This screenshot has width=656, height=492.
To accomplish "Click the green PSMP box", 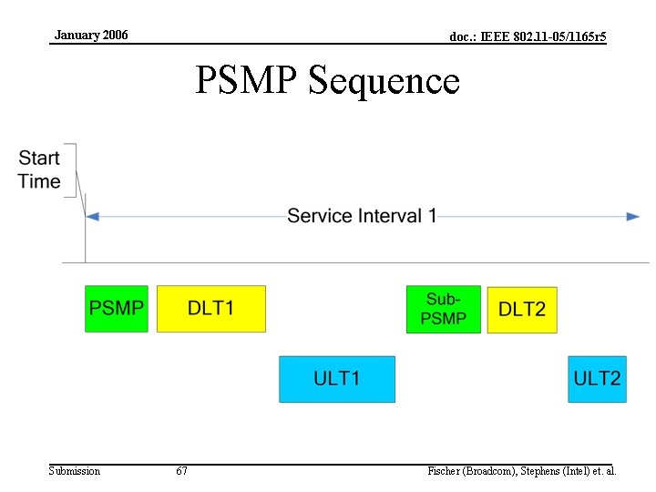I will point(116,309).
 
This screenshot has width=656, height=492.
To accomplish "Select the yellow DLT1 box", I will point(211,309).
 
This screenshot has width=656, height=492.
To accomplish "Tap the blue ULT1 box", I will point(337,379).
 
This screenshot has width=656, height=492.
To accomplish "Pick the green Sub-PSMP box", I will point(443,310).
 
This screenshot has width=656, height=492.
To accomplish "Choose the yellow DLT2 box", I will point(522,310).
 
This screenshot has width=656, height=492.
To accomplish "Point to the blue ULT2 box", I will point(598,379).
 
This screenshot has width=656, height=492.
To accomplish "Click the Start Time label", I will point(39,169).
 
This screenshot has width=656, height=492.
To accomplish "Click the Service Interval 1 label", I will point(362,216).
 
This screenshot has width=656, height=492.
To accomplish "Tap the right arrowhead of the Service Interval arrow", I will point(633,217).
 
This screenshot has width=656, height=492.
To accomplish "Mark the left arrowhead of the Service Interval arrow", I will point(92,217).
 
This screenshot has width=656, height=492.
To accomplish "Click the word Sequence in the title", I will point(384,81).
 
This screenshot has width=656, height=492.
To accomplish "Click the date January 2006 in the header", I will point(91,36).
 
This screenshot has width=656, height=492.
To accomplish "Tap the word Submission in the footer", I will point(75,471).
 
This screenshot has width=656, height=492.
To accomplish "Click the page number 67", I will point(182,471).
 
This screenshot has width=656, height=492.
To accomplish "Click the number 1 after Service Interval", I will point(433,216).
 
